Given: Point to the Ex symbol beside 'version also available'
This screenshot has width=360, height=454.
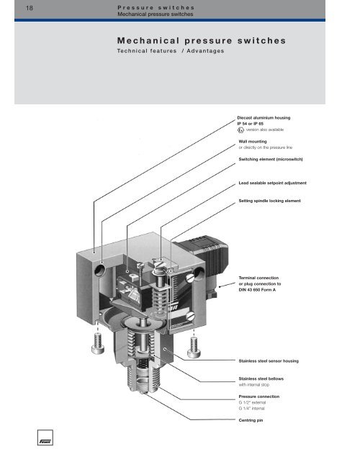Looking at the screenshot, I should [x=241, y=130].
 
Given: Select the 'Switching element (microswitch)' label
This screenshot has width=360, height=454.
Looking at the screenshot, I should [x=280, y=158].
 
